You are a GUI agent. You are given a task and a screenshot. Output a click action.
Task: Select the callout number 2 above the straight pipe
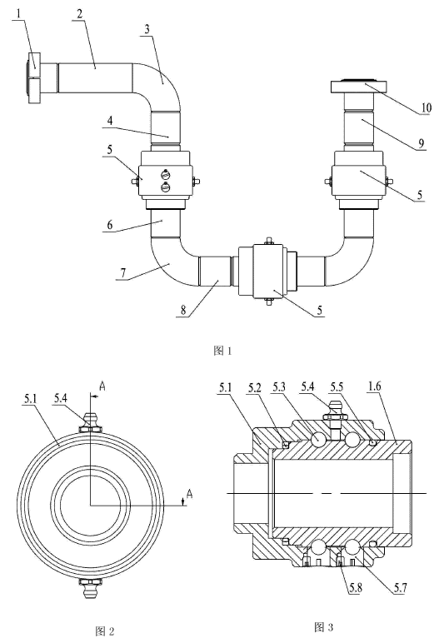point(80,13)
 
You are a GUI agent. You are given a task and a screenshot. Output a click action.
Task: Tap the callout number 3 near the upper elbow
point(147,29)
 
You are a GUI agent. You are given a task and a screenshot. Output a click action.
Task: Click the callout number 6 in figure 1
point(109,225)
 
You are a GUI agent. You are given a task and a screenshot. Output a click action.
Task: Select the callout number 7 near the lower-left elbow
point(123,272)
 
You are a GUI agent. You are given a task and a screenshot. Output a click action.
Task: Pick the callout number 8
point(183,311)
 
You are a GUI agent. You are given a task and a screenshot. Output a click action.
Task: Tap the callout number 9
point(422,143)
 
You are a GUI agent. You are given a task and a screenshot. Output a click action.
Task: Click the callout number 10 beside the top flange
point(426,107)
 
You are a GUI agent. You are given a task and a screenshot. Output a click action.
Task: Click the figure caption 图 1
point(222,351)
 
